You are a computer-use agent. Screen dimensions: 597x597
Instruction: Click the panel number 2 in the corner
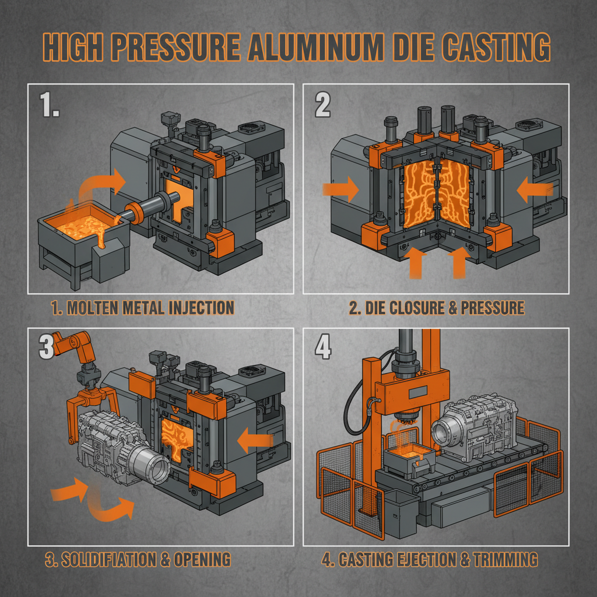tap(322, 105)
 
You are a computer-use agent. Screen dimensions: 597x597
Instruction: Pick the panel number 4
tap(322, 348)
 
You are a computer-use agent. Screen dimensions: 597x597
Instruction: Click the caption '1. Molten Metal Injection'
tap(142, 308)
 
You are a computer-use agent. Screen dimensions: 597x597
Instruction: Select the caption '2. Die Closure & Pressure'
tap(437, 308)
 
